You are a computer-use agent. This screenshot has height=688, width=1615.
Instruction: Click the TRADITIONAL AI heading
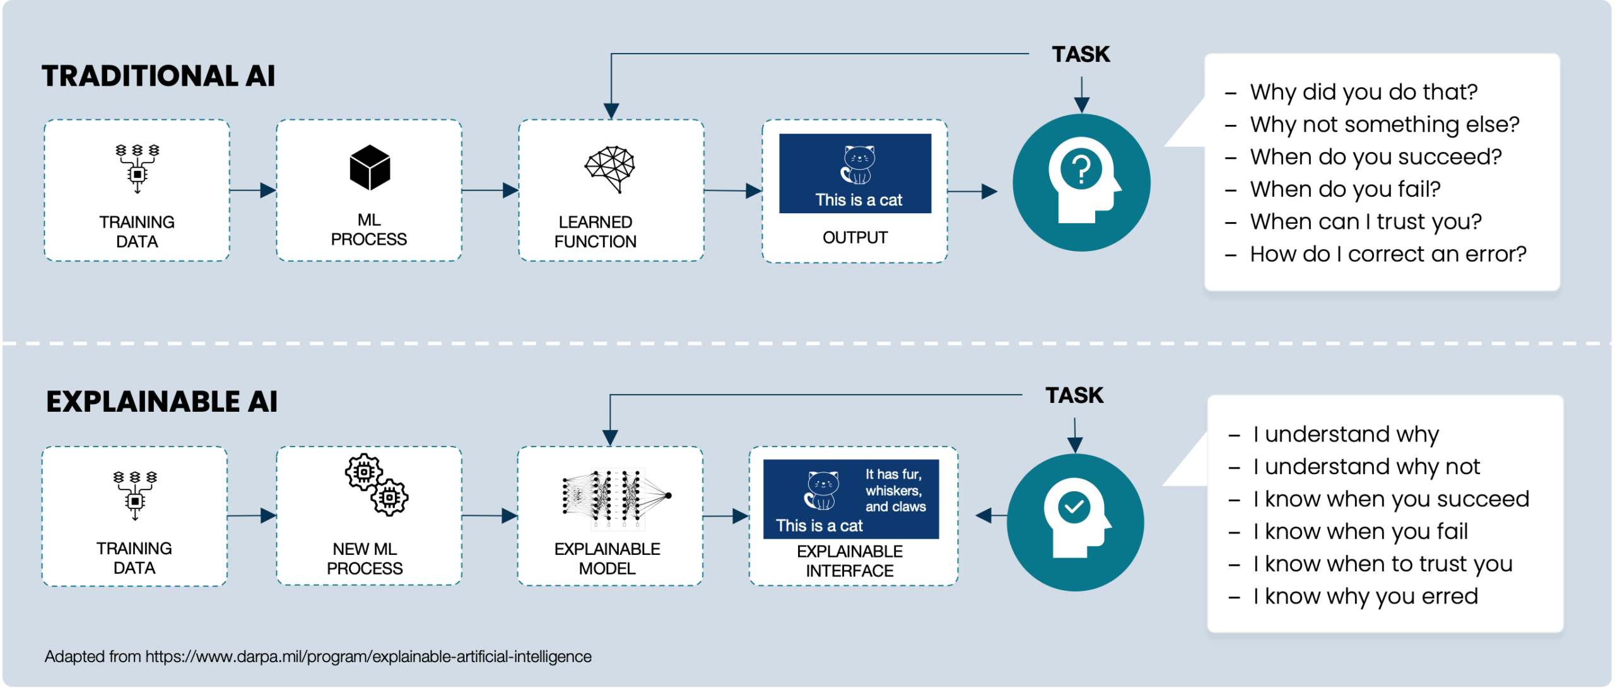pos(158,76)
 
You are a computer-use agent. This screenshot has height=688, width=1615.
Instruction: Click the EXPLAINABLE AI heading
pos(161,402)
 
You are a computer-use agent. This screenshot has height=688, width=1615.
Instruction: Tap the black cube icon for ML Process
pos(370,168)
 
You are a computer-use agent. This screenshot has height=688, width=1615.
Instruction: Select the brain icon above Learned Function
pos(609,168)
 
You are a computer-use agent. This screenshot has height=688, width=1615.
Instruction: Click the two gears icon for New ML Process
pos(377,484)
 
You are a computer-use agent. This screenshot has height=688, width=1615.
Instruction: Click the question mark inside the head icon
pos(1081,169)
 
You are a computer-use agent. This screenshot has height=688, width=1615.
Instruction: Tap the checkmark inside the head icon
pos(1074,506)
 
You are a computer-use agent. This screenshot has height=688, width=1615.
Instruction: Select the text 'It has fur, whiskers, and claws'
pos(895,491)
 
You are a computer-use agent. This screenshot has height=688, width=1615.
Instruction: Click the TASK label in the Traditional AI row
pos(1081,55)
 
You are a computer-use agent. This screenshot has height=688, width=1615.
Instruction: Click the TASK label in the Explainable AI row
pos(1074,396)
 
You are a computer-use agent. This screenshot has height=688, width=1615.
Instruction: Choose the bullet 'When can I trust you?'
pos(1365,222)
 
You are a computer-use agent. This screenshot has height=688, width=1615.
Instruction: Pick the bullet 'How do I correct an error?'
pos(1388,254)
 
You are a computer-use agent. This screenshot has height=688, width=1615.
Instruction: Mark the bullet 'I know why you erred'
pos(1365,597)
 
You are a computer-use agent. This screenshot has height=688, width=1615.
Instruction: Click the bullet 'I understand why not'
pos(1366,467)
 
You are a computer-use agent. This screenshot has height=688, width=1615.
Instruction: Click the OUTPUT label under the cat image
pos(855,238)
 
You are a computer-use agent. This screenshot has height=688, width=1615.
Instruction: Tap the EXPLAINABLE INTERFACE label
pos(850,561)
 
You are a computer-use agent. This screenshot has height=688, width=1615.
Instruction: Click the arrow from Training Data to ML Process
pos(252,190)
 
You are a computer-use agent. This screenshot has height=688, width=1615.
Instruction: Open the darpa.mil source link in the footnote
pos(368,656)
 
